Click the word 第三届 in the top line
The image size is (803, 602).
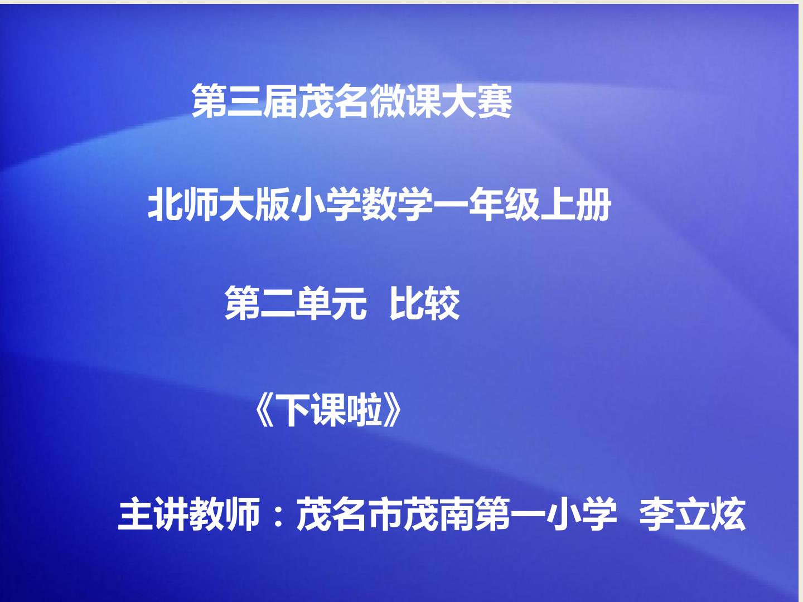tap(245, 100)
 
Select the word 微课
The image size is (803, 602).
tap(405, 100)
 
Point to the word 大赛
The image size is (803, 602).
tap(477, 100)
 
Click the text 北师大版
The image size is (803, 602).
tap(219, 205)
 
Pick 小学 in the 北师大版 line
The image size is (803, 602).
tap(326, 205)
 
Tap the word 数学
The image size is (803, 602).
tap(397, 205)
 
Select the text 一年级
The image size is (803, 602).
tap(487, 205)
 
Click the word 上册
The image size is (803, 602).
tap(575, 205)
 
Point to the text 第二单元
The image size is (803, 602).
tap(296, 303)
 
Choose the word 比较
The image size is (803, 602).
tap(424, 303)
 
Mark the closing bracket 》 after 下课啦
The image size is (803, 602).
tap(392, 411)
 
